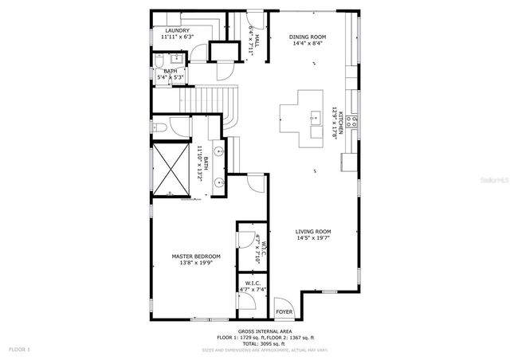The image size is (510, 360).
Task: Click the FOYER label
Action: [x=284, y=311]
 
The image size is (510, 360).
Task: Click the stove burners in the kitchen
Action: [x=352, y=121]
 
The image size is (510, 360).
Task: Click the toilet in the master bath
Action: [x=159, y=127]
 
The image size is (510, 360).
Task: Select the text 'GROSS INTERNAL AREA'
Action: [x=265, y=331]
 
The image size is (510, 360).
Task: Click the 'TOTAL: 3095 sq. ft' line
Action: [x=265, y=343]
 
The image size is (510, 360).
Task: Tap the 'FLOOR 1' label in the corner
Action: [x=19, y=349]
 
